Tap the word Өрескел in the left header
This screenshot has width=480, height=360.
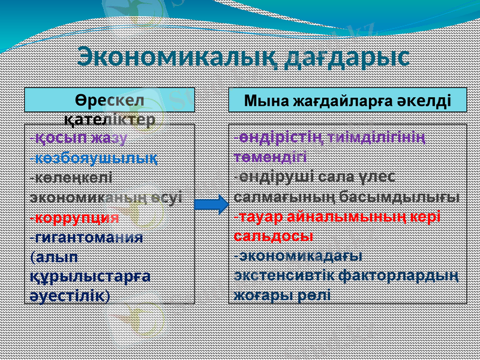110,100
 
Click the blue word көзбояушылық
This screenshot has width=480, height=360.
96,158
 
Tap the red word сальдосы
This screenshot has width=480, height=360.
273,236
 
